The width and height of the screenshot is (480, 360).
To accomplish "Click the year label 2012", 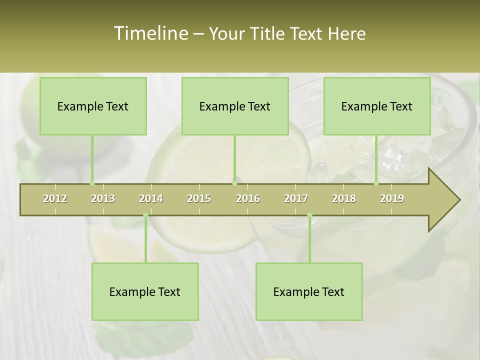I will click(x=55, y=198).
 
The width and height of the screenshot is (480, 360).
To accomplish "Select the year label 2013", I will click(x=103, y=198).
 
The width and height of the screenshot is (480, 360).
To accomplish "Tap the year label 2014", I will click(x=151, y=198).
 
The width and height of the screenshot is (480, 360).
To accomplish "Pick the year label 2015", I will click(x=199, y=198).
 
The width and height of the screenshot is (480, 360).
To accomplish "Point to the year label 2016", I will click(x=248, y=198).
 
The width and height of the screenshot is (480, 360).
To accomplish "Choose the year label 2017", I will click(x=296, y=198).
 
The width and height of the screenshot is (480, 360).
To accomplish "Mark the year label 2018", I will click(x=344, y=198).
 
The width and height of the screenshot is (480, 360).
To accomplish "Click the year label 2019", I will click(x=392, y=198).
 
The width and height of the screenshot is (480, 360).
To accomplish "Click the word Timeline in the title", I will click(x=150, y=33).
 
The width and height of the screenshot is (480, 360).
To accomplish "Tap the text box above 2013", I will click(x=93, y=106).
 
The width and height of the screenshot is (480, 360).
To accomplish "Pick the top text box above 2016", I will click(x=235, y=106).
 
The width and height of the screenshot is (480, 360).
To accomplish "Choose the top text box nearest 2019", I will click(x=377, y=106).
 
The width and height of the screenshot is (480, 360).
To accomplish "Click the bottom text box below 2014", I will click(x=145, y=292).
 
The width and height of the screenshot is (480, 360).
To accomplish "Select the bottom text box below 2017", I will click(x=309, y=292).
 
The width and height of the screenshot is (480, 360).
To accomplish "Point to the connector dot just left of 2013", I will click(x=92, y=183).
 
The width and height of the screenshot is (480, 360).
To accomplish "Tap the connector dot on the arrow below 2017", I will click(x=309, y=215).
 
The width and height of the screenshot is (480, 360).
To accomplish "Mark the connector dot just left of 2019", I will click(x=376, y=183).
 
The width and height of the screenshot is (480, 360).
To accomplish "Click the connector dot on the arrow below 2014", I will click(x=145, y=215).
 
